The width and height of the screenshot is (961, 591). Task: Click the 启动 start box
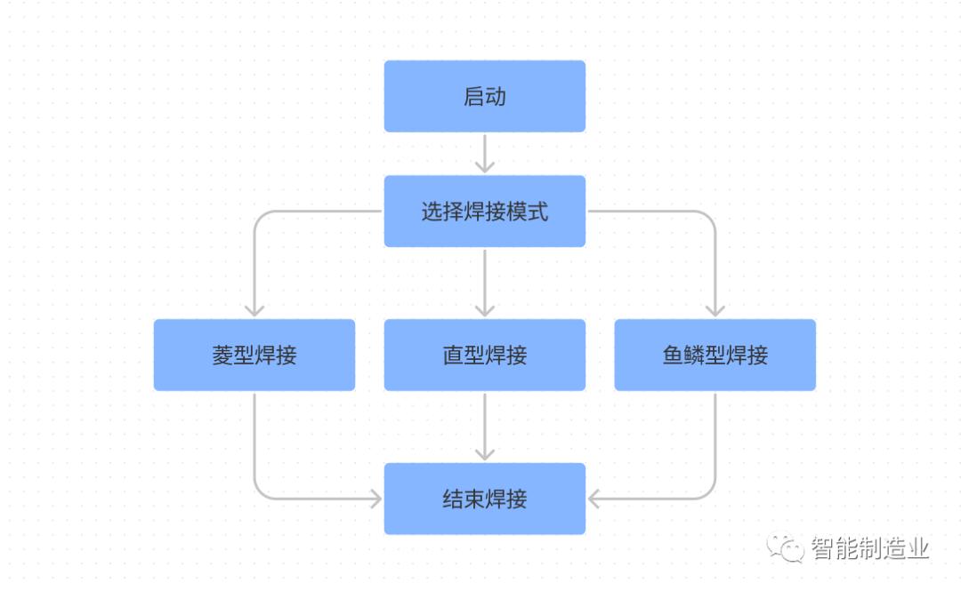pyautogui.click(x=484, y=96)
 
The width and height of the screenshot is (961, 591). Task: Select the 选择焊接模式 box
pyautogui.click(x=484, y=212)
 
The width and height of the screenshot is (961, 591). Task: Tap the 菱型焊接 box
pyautogui.click(x=254, y=355)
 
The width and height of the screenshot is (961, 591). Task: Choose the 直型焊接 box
pyautogui.click(x=484, y=355)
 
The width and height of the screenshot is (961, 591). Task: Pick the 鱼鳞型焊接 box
pyautogui.click(x=715, y=355)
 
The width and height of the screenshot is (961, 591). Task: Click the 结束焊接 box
pyautogui.click(x=484, y=499)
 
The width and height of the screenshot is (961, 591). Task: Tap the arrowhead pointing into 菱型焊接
pyautogui.click(x=254, y=310)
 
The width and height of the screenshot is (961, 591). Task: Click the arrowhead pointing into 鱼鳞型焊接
pyautogui.click(x=715, y=310)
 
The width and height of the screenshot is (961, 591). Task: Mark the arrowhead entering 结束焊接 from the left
pyautogui.click(x=375, y=499)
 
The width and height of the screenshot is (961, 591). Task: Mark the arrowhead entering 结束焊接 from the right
pyautogui.click(x=594, y=499)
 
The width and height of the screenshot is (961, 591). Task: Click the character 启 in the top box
pyautogui.click(x=473, y=96)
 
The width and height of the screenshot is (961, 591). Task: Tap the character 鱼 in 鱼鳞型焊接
pyautogui.click(x=673, y=355)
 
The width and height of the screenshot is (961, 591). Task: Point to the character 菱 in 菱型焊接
pyautogui.click(x=222, y=355)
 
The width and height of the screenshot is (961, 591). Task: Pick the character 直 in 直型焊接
pyautogui.click(x=453, y=355)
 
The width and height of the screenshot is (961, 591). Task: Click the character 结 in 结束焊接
pyautogui.click(x=453, y=499)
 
